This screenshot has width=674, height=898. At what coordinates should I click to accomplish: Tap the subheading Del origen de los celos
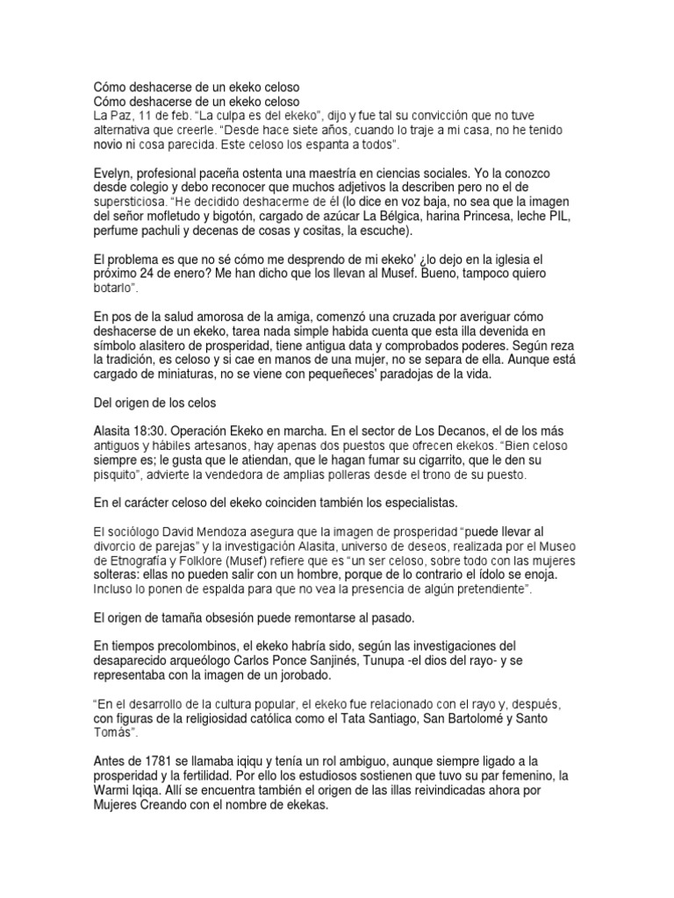pyautogui.click(x=161, y=403)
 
